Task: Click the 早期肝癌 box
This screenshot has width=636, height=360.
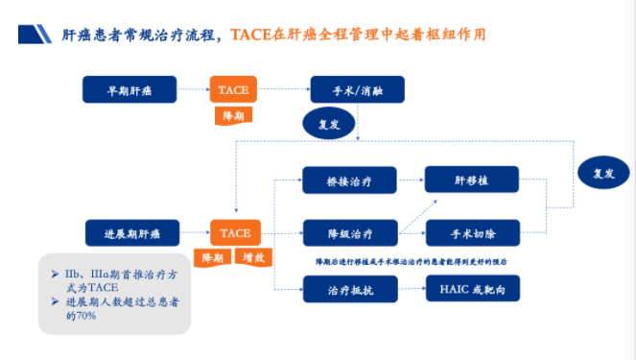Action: click(130, 90)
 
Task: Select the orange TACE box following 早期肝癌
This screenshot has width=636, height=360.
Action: click(234, 90)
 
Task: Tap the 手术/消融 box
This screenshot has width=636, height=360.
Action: click(357, 90)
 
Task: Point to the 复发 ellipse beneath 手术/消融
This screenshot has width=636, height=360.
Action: click(329, 124)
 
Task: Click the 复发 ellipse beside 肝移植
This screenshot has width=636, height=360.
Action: click(603, 174)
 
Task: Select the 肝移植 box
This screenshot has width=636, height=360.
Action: click(471, 179)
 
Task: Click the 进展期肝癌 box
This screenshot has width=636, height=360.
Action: click(130, 233)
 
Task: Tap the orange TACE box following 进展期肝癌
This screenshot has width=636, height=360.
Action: click(234, 233)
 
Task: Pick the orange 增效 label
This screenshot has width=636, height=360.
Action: click(253, 258)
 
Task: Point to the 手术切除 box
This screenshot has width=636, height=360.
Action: click(471, 233)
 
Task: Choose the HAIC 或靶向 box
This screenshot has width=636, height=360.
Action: click(471, 288)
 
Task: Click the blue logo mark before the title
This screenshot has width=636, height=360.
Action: click(35, 35)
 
